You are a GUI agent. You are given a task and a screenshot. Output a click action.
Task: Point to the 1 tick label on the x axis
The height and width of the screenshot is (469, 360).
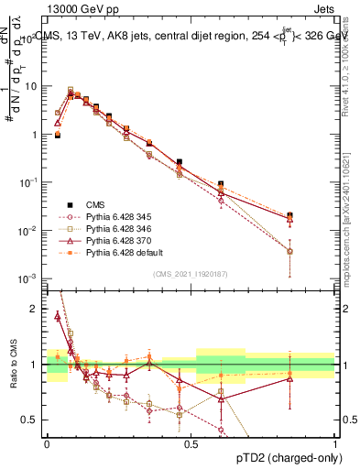(x=334, y=442)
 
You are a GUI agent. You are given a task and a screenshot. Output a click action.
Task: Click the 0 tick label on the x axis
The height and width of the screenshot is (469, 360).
(x=47, y=442)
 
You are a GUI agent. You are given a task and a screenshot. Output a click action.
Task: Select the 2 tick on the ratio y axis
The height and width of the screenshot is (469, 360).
(x=36, y=309)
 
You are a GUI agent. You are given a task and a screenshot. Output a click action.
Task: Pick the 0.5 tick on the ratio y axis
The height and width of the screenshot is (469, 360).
(x=32, y=420)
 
